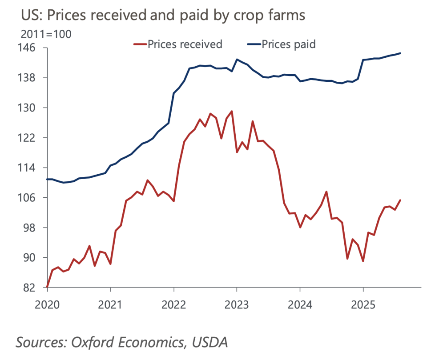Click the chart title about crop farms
(x=163, y=15)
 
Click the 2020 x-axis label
(x=47, y=304)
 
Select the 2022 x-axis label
(x=174, y=304)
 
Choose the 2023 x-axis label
(x=237, y=304)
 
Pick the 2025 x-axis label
(x=363, y=304)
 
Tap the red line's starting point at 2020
(x=47, y=287)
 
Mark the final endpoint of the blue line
(x=400, y=53)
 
